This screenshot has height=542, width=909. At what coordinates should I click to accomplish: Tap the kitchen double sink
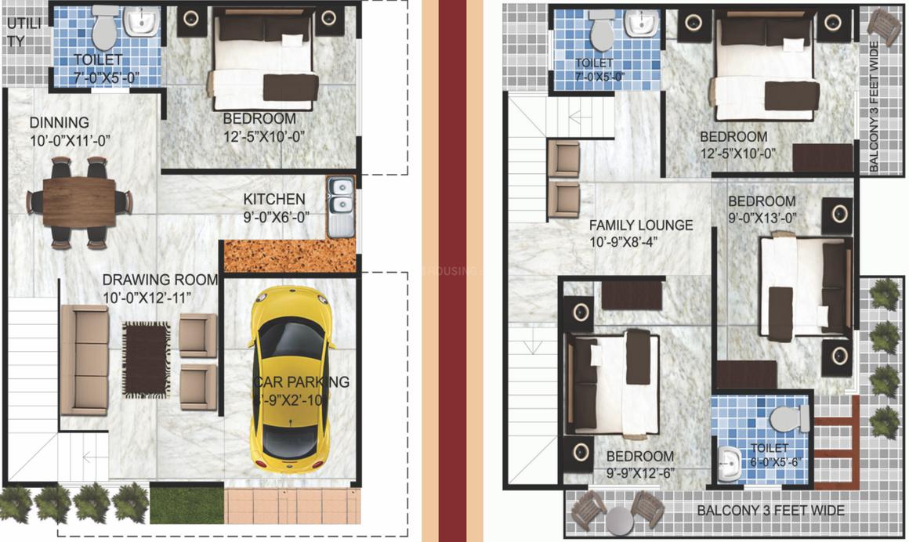(x=340, y=197)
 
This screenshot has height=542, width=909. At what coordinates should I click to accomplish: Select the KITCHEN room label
(x=273, y=199)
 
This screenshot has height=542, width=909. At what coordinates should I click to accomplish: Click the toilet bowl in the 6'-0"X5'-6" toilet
(x=790, y=419)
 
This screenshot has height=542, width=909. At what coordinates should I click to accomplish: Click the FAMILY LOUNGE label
(x=641, y=226)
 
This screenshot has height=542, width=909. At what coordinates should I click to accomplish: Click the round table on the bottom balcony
(x=618, y=519)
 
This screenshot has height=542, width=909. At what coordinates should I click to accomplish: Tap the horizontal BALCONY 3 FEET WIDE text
(x=770, y=511)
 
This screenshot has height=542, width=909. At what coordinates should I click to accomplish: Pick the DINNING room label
(x=60, y=122)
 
